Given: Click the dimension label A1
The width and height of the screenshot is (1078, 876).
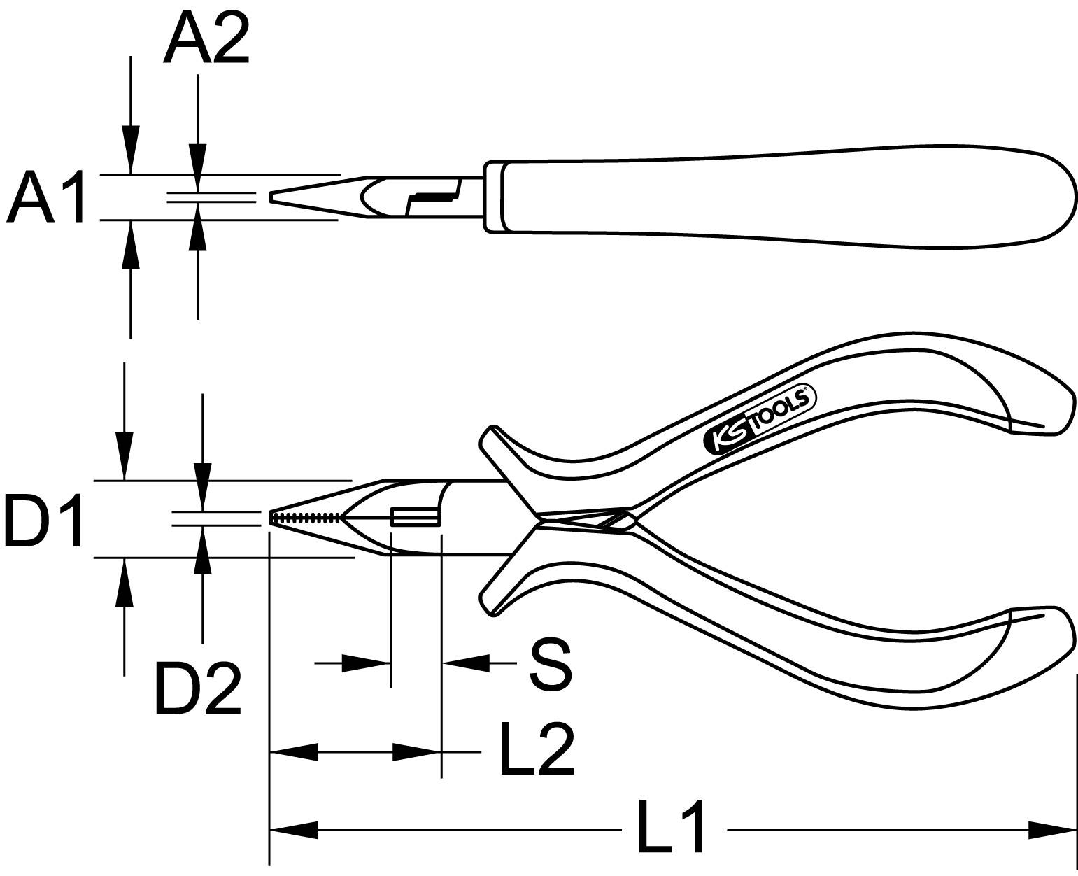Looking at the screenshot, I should point(45,197).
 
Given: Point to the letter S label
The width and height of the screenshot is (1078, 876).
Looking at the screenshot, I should point(551,663).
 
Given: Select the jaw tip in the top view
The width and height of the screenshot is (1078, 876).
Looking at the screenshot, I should point(274,197).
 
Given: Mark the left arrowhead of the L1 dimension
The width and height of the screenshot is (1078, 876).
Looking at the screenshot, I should point(294,831).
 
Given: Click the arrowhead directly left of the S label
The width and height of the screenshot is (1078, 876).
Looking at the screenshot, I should point(466,663).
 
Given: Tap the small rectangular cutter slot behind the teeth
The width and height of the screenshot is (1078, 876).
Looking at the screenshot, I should point(416,517).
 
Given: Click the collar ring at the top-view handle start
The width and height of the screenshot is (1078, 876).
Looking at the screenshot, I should point(493,197).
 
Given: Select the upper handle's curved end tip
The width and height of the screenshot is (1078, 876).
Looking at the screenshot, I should point(1060,416).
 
